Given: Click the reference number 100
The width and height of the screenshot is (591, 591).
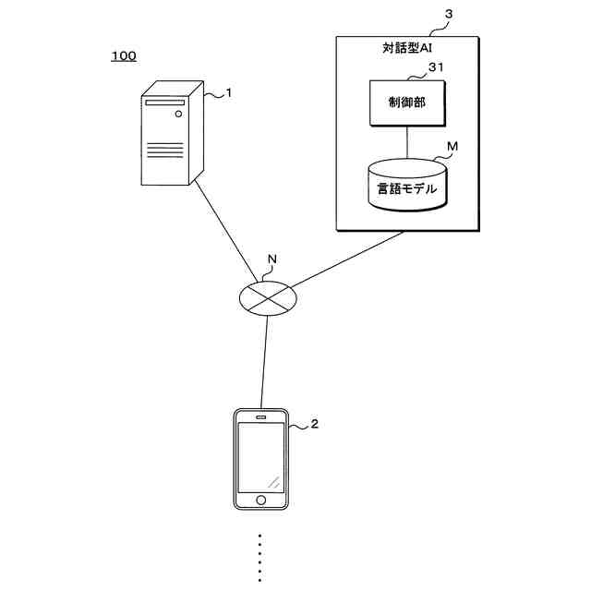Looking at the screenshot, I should pyautogui.click(x=124, y=56).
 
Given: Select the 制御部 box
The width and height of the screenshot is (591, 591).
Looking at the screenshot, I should pyautogui.click(x=407, y=103).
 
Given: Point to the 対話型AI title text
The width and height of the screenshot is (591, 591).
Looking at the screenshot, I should pyautogui.click(x=407, y=47).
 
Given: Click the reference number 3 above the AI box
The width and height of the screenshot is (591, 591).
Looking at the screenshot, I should pyautogui.click(x=449, y=15).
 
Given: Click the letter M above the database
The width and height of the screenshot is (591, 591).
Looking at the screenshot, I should pyautogui.click(x=452, y=146).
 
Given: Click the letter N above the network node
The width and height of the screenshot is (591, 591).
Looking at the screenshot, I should pyautogui.click(x=271, y=259).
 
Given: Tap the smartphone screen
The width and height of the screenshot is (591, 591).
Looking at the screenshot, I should pyautogui.click(x=261, y=457).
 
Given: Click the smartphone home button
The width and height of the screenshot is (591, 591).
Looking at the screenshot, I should pyautogui.click(x=261, y=500).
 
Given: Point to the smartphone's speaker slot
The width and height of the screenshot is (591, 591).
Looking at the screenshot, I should pyautogui.click(x=261, y=416).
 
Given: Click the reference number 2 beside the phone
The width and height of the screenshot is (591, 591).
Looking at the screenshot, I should pyautogui.click(x=314, y=424).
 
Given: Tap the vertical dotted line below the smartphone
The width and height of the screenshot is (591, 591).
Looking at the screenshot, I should pyautogui.click(x=260, y=558).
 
